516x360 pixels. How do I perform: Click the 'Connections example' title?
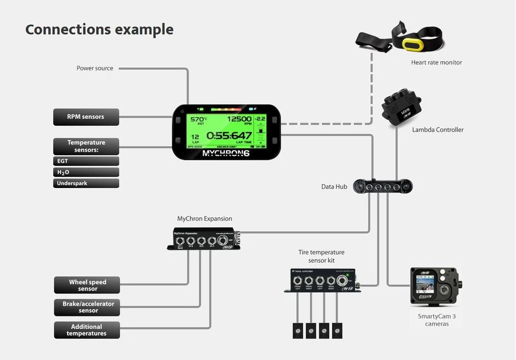click(x=99, y=29)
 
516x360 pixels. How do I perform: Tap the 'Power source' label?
click(x=95, y=68)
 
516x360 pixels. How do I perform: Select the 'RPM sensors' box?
click(x=86, y=117)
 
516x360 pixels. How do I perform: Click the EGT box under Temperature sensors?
click(x=86, y=161)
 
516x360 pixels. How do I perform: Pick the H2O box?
click(x=86, y=172)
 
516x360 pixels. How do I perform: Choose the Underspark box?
click(x=86, y=183)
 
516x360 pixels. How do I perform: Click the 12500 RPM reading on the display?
click(x=239, y=119)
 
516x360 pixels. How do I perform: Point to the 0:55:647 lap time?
click(x=229, y=136)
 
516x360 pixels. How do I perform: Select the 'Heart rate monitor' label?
click(x=436, y=62)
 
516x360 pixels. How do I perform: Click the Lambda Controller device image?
click(x=402, y=108)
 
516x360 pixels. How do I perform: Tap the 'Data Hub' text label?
click(x=334, y=187)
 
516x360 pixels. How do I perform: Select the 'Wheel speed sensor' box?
click(x=87, y=285)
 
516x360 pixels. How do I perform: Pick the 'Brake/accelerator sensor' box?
click(x=87, y=307)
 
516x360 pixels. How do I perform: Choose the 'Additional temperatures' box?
click(x=87, y=330)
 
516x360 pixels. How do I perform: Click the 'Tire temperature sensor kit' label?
click(x=321, y=256)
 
